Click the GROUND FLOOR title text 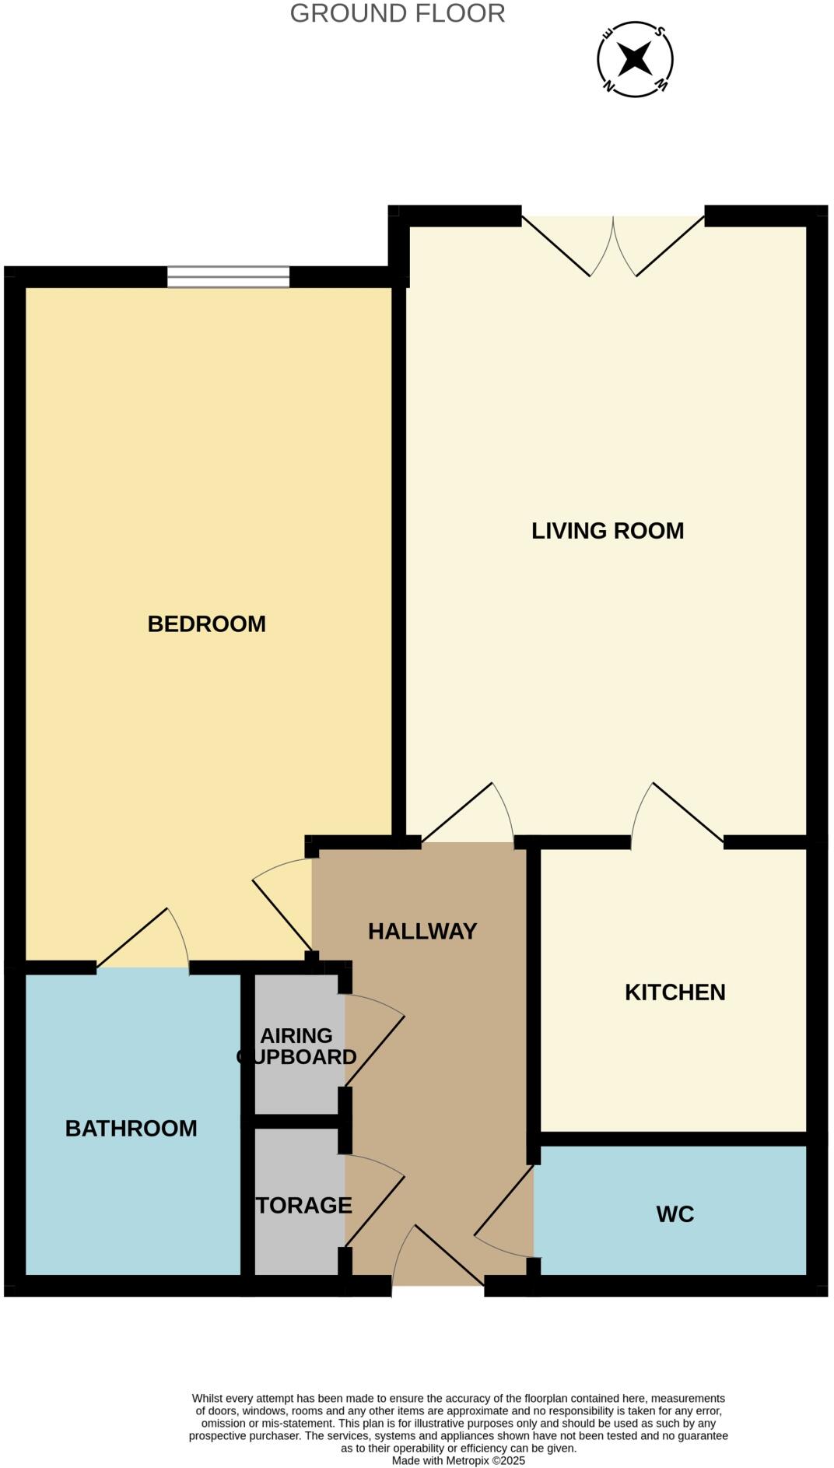click(x=398, y=13)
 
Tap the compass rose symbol click(x=635, y=59)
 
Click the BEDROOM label click(x=206, y=623)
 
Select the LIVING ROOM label click(x=608, y=531)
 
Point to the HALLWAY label click(x=422, y=931)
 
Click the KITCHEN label click(x=675, y=992)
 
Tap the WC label click(x=675, y=1213)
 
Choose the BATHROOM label click(x=131, y=1128)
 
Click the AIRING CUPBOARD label click(x=296, y=1046)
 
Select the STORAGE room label click(x=303, y=1205)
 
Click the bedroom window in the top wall click(x=228, y=276)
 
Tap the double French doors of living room click(x=613, y=245)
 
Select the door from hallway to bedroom click(x=282, y=907)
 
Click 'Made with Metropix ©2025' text click(x=458, y=1461)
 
